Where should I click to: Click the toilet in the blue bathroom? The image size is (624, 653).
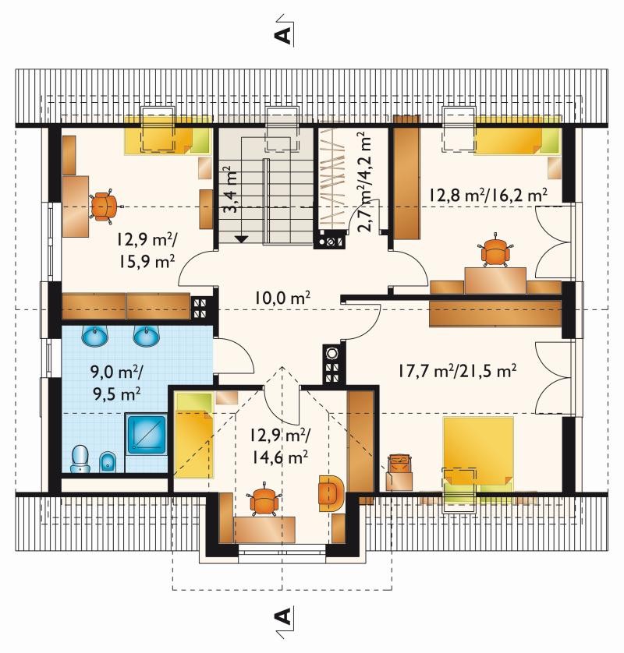coord(80,459)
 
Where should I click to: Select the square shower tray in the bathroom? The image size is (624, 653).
coord(147,434)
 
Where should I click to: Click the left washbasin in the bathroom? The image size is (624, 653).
coord(95,335)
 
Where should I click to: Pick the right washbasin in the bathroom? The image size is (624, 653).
coord(147,335)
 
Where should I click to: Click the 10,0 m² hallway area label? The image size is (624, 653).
coord(282,298)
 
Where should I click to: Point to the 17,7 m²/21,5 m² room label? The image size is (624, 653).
coord(457,370)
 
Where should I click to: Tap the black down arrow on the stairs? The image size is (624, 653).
coord(241,238)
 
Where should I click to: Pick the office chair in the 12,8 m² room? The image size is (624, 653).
coord(495,250)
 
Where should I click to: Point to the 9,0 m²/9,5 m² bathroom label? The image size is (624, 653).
coord(117,383)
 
